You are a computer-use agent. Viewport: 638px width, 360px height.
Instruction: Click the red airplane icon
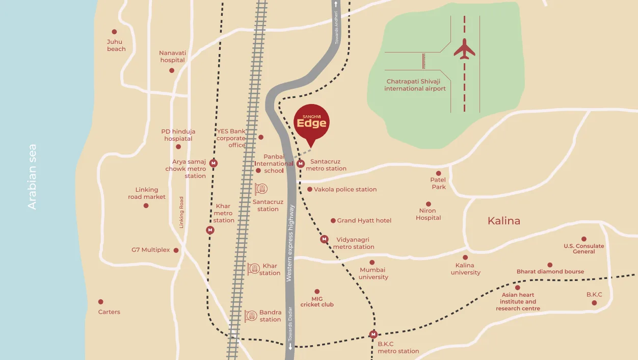tap(464, 49)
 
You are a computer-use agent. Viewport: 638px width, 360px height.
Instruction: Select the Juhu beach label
tap(116, 45)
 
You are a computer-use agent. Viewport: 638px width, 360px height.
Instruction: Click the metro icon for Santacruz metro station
tap(301, 164)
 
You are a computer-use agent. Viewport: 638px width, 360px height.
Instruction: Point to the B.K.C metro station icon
tap(374, 335)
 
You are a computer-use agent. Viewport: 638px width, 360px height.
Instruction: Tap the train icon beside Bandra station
tap(251, 316)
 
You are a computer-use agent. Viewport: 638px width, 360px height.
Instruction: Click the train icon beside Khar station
tap(253, 269)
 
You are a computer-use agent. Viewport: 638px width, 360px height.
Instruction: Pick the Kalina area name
tap(503, 221)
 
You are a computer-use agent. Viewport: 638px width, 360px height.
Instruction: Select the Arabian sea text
tap(33, 177)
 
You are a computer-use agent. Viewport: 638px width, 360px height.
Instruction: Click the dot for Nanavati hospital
tap(172, 70)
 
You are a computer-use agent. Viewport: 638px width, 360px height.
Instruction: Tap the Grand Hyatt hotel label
tap(364, 221)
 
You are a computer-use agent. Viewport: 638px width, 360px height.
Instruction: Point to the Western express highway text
tap(290, 243)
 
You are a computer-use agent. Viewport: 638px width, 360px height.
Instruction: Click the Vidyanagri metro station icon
tap(324, 239)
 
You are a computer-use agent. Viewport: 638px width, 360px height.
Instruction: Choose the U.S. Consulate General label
tap(583, 249)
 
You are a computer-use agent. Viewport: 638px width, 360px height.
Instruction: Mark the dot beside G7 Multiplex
tap(176, 250)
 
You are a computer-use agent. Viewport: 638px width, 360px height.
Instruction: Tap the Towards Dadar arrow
tap(290, 347)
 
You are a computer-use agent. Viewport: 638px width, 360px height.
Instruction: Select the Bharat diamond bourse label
tap(550, 272)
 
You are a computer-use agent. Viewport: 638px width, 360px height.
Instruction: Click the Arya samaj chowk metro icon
tap(214, 164)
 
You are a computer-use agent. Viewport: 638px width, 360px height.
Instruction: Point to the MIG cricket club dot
tap(317, 292)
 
